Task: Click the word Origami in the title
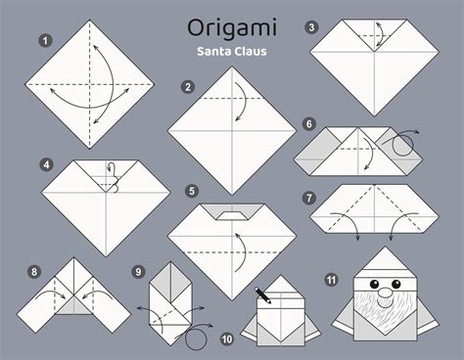(231, 23)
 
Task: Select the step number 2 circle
(186, 87)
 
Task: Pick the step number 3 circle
(311, 26)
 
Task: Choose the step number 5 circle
(192, 191)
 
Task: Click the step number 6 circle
(309, 125)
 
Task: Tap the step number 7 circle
(309, 198)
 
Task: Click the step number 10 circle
(227, 339)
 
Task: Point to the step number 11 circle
(332, 280)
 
